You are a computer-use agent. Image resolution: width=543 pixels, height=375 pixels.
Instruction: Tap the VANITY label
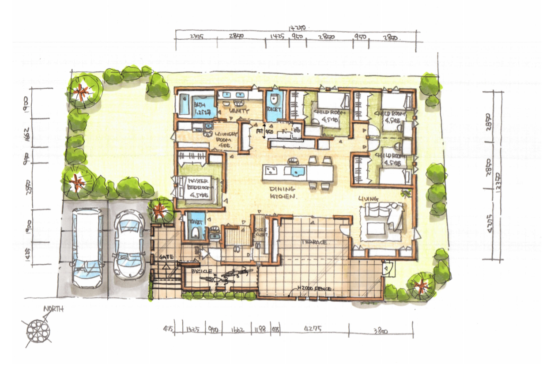pos(240,111)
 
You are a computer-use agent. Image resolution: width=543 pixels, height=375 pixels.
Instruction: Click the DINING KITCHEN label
pos(283,193)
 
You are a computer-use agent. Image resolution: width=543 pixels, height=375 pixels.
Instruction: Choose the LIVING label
pos(369,199)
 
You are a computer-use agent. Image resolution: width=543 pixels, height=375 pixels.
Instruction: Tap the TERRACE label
pos(314,243)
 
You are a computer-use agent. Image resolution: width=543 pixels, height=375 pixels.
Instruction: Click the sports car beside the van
pos(128,245)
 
